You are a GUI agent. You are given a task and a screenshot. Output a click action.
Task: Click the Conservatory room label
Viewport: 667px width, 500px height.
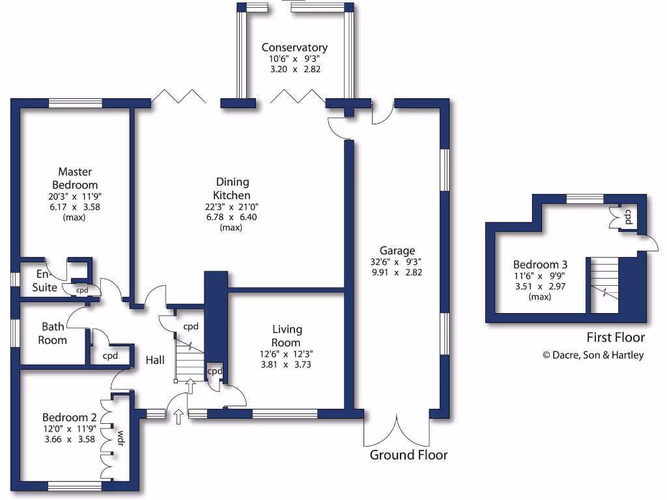pyautogui.click(x=294, y=48)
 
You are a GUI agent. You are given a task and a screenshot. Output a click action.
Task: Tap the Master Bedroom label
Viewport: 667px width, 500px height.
pyautogui.click(x=75, y=178)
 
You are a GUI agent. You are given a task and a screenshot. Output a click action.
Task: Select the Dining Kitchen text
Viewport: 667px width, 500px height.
pyautogui.click(x=231, y=189)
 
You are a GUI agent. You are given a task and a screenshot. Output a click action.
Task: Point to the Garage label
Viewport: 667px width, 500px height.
pyautogui.click(x=397, y=251)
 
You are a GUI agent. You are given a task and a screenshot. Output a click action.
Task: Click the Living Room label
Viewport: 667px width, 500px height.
pyautogui.click(x=287, y=336)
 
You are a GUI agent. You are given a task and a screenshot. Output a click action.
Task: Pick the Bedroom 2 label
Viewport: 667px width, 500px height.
pyautogui.click(x=70, y=417)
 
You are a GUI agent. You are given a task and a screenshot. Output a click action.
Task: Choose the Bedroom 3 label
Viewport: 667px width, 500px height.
pyautogui.click(x=540, y=264)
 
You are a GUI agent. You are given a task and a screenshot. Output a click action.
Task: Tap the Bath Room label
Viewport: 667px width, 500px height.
pyautogui.click(x=53, y=333)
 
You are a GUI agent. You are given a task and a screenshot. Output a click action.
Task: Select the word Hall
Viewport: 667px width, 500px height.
pyautogui.click(x=155, y=360)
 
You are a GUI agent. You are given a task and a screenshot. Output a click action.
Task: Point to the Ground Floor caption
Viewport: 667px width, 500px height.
pyautogui.click(x=408, y=455)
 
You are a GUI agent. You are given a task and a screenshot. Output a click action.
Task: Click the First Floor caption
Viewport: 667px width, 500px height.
pyautogui.click(x=616, y=337)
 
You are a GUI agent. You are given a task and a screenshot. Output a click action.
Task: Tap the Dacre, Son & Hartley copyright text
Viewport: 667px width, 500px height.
pyautogui.click(x=593, y=355)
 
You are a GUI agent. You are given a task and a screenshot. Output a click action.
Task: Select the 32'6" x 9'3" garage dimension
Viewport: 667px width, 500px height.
pyautogui.click(x=397, y=262)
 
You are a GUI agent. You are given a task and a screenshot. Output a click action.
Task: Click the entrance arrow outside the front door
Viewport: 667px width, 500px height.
pyautogui.click(x=178, y=417)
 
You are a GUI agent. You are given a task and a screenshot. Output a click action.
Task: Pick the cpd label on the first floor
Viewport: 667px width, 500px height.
pyautogui.click(x=629, y=217)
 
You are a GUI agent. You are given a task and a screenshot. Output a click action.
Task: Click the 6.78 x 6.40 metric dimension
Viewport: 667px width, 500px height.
pyautogui.click(x=231, y=217)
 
